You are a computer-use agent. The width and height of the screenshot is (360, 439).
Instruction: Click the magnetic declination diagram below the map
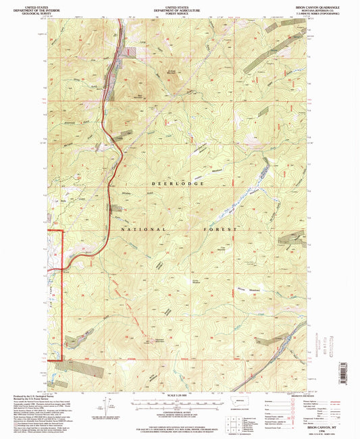click(106, 405)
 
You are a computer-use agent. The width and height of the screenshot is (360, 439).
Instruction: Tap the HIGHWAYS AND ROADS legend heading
click(289, 395)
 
